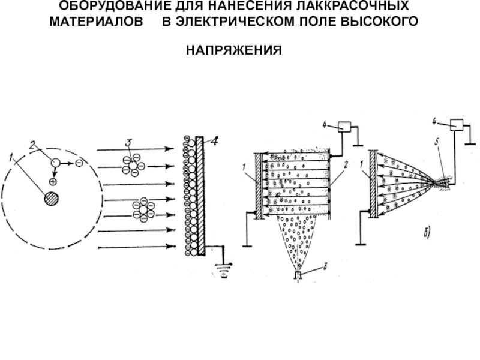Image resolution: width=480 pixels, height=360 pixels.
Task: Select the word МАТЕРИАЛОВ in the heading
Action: pos(96,22)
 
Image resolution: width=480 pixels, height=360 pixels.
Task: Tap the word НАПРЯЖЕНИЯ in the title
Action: pos(234,50)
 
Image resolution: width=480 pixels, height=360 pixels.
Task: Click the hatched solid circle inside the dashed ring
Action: pos(52,199)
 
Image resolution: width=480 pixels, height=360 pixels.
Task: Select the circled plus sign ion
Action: pos(53,182)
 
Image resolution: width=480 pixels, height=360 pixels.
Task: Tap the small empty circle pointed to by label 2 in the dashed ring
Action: pos(55,163)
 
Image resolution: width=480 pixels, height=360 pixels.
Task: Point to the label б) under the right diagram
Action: pos(427,233)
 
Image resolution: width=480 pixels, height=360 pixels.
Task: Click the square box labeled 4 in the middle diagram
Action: pos(344,127)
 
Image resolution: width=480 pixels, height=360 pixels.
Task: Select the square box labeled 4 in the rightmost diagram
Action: pos(457,125)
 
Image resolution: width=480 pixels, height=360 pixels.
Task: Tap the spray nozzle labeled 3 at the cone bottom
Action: pos(298,275)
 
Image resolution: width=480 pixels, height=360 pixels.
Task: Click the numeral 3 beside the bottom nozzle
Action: pos(325,266)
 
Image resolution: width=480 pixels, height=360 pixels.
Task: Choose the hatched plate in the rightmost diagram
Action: pos(373,184)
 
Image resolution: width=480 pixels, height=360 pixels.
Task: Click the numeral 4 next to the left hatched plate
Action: pos(215,141)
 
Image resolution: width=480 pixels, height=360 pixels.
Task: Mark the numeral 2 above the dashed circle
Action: pos(32,145)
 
